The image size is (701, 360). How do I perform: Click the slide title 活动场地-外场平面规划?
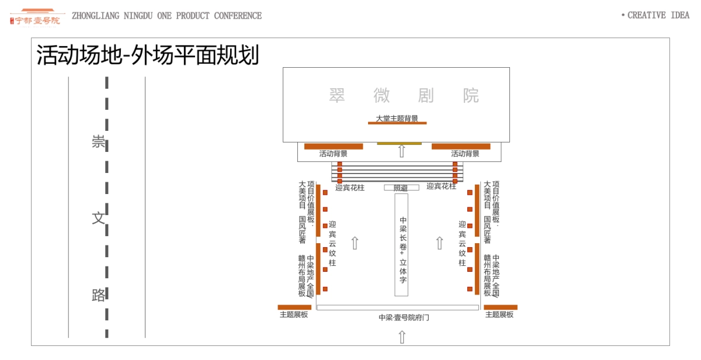(148, 56)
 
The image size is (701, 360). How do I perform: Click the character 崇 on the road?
(99, 142)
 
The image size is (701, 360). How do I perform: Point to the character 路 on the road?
(99, 295)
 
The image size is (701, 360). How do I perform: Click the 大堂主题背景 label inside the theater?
(397, 119)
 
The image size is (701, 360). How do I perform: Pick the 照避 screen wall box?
(401, 188)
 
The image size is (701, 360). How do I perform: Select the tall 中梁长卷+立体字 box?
(401, 245)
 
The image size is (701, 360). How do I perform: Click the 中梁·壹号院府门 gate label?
(404, 318)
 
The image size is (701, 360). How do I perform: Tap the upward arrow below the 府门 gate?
(402, 337)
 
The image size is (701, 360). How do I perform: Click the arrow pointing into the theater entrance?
(401, 151)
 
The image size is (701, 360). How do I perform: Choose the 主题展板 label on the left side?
(294, 314)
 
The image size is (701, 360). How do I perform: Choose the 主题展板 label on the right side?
(499, 314)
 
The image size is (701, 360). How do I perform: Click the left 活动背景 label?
(334, 154)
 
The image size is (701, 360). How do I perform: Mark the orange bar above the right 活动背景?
(461, 146)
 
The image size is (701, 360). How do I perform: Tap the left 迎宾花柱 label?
(350, 188)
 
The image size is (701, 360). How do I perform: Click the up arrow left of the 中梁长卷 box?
(355, 243)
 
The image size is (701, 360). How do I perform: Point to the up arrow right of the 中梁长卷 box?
(440, 243)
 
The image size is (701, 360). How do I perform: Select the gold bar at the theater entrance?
(399, 143)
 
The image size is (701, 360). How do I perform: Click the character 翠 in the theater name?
(337, 95)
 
